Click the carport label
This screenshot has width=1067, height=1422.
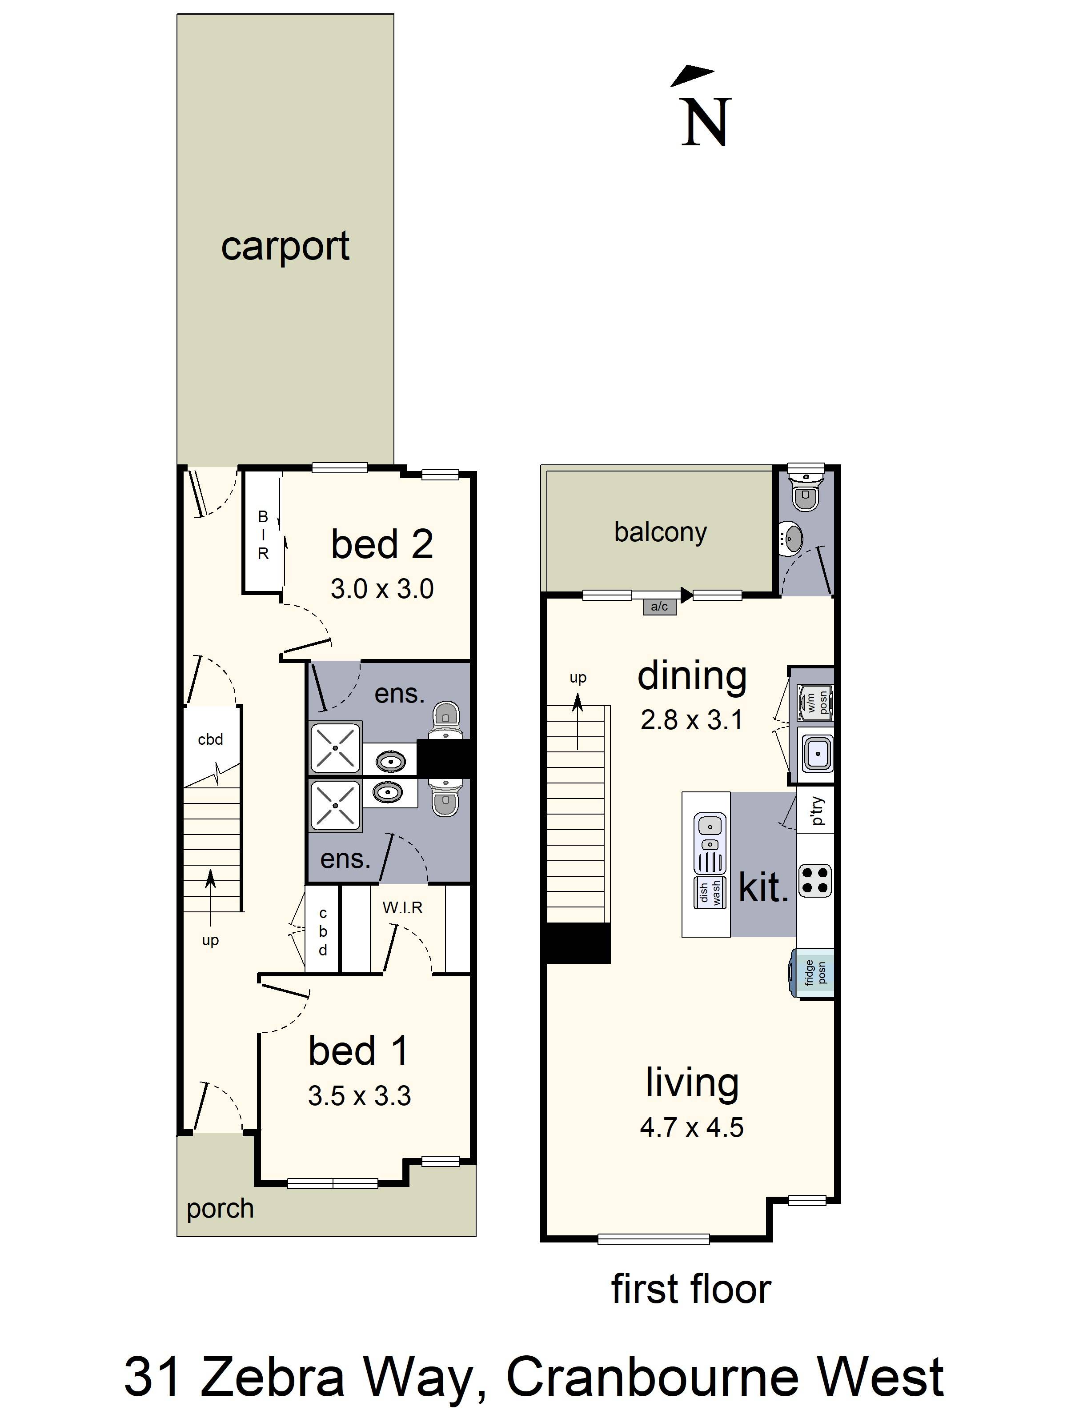(285, 246)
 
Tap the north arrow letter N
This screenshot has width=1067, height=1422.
(706, 122)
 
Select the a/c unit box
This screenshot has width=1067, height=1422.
(659, 606)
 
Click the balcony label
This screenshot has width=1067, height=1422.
(660, 532)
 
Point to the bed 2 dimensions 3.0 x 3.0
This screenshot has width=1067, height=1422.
(382, 589)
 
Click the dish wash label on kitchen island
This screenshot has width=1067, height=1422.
(710, 892)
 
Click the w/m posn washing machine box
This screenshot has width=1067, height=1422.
(815, 702)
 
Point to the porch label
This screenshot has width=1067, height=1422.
(220, 1209)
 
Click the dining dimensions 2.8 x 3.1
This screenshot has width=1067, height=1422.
(691, 720)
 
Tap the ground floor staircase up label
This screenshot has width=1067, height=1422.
(210, 940)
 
